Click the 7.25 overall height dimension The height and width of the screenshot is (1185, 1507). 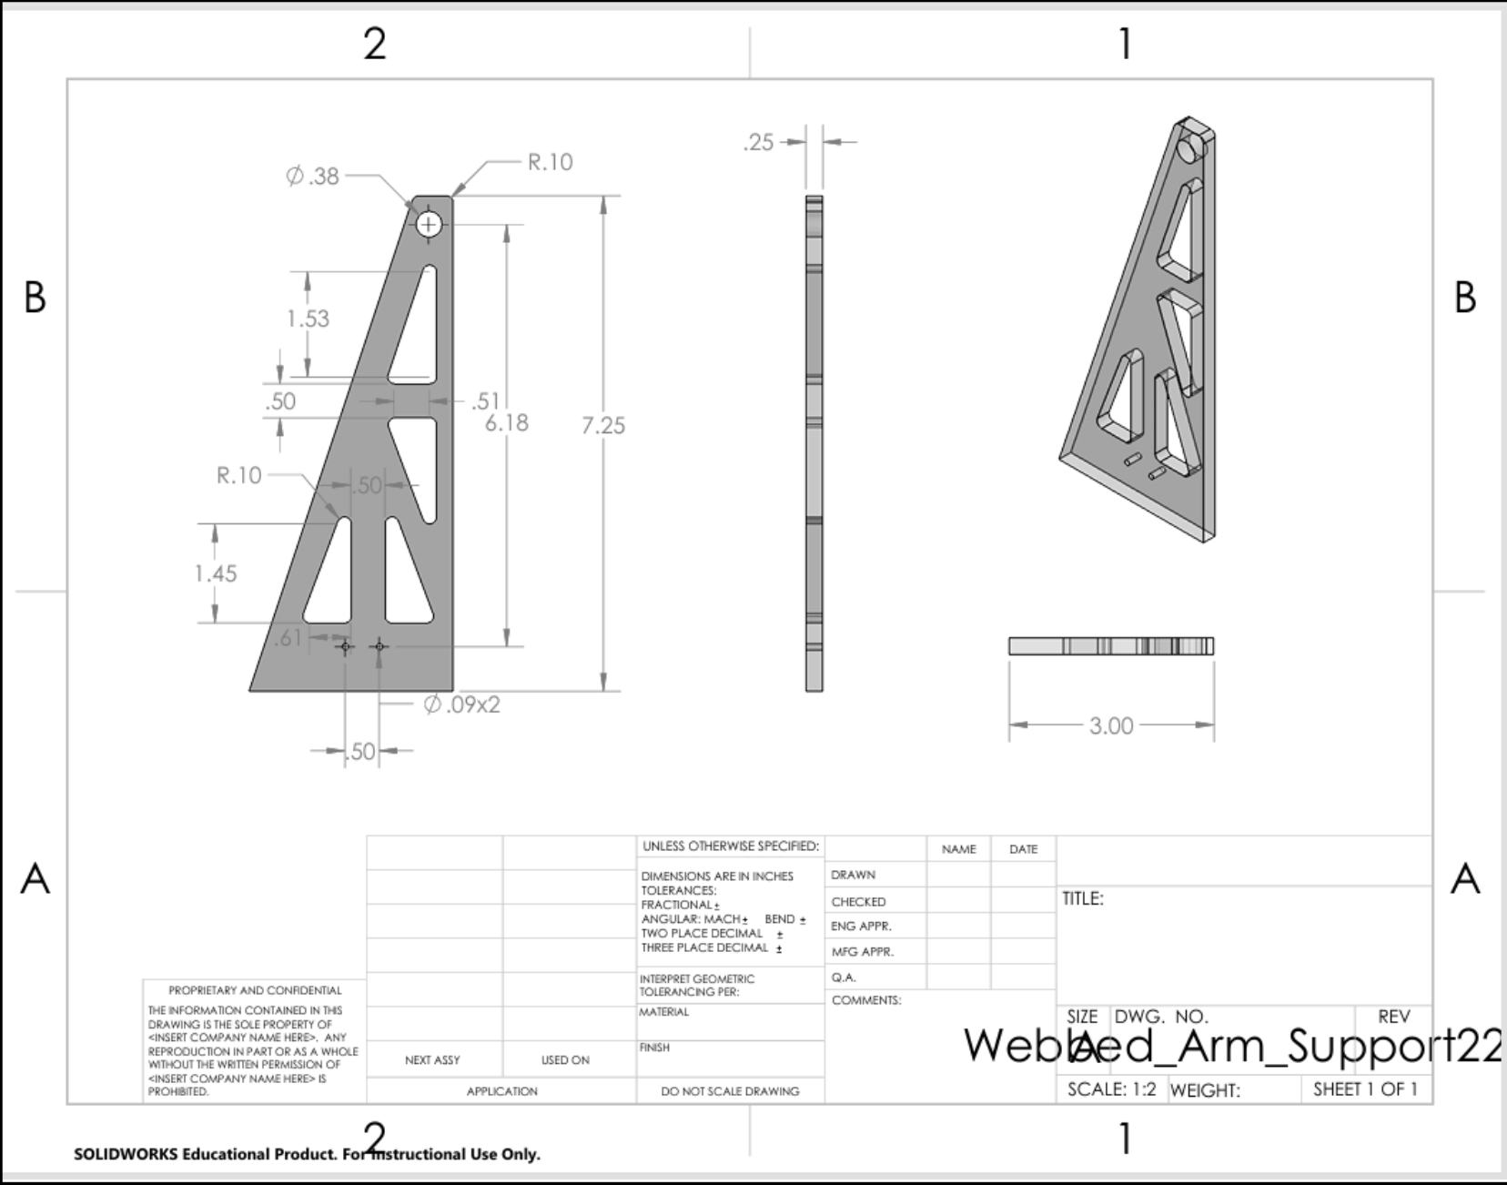point(603,425)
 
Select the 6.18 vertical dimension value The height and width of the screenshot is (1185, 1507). point(507,422)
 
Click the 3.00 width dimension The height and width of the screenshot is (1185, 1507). point(1111,725)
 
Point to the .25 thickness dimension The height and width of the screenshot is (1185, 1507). point(758,142)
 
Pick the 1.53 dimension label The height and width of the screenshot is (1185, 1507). point(308,319)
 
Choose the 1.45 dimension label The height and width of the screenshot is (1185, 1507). point(216,573)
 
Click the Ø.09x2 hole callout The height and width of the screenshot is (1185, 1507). point(462,704)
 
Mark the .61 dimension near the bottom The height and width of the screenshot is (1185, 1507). point(288,638)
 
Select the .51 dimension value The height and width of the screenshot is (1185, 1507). point(486,400)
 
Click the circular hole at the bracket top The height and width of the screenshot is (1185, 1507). point(429,224)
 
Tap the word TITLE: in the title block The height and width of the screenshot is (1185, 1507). point(1083,898)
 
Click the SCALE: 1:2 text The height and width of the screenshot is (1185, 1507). point(1111,1089)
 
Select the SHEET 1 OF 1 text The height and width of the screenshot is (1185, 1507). point(1365,1089)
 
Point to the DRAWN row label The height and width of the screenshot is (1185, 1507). point(853,875)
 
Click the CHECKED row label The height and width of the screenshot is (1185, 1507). point(858,902)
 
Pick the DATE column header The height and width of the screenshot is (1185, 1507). point(1023,849)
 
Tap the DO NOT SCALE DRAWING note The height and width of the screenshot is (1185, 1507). point(730,1091)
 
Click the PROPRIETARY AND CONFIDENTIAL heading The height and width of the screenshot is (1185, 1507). point(255,990)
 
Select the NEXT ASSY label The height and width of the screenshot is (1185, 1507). point(432,1060)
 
